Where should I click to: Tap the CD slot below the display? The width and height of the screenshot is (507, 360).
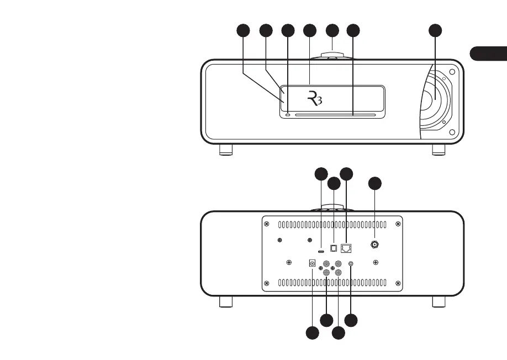point(335,115)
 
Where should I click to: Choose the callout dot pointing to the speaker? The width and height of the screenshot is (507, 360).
point(435,31)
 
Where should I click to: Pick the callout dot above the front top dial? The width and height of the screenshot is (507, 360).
point(331,31)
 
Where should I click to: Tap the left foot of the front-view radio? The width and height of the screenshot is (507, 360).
point(225,149)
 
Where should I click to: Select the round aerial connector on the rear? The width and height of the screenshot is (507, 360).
point(375,244)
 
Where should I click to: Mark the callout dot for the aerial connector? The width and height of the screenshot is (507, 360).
point(375,183)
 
